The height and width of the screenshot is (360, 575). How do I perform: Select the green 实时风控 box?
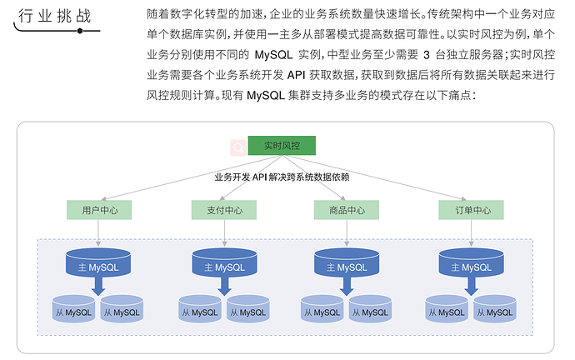[x=280, y=146]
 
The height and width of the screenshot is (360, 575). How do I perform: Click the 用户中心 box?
[x=100, y=210]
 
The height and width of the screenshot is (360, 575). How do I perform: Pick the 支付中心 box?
[x=224, y=210]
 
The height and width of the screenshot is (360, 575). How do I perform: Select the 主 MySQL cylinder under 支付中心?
[x=224, y=265]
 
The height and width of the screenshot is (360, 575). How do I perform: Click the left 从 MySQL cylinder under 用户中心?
[x=73, y=311]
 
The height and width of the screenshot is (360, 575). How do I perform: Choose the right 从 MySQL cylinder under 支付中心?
[x=248, y=311]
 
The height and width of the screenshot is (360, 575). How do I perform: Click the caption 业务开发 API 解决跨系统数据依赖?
[x=281, y=177]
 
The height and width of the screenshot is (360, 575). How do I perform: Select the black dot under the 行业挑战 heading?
[x=80, y=31]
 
